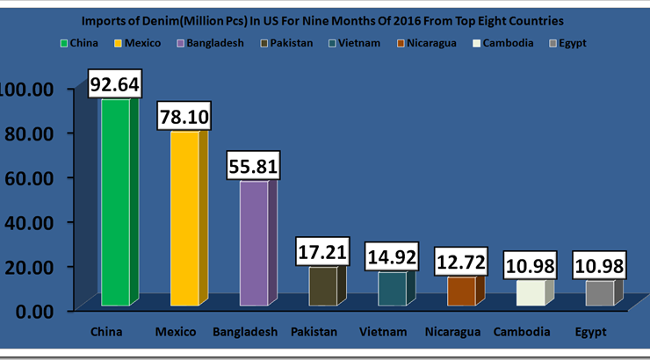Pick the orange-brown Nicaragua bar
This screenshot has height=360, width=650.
point(461,292)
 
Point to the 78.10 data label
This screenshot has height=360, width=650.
point(184,115)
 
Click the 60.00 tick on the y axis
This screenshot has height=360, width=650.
point(31,177)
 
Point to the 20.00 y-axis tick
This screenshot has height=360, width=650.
point(31,266)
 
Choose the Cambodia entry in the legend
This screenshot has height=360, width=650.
point(506,42)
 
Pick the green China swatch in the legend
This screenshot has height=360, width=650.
point(64,42)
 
